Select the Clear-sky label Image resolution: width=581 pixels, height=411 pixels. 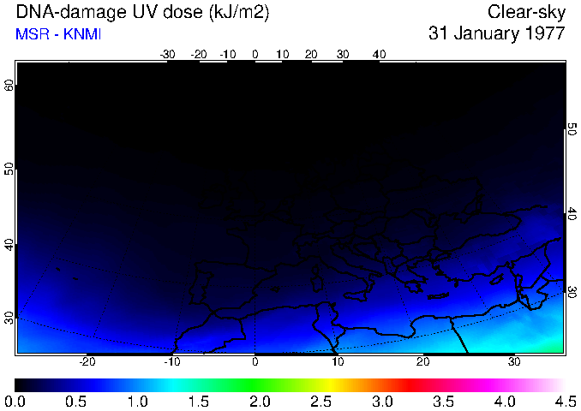point(526,12)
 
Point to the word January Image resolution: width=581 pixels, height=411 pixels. point(483,34)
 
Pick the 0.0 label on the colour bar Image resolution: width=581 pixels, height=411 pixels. point(15,401)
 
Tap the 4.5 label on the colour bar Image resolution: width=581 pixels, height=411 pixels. point(565,401)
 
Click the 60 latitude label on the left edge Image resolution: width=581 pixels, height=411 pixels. point(9,86)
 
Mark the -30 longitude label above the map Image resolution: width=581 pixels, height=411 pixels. point(168,55)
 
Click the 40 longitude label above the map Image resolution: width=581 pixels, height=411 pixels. point(379,55)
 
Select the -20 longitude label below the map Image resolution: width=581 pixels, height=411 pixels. point(87,361)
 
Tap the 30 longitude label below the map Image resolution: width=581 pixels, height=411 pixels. point(514,361)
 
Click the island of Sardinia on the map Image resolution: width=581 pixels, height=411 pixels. point(315,281)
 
